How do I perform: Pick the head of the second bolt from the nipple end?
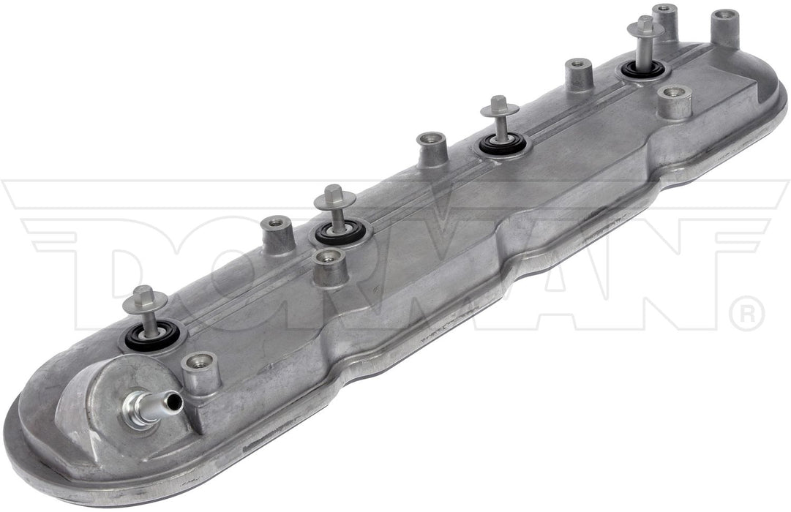pos(334,197)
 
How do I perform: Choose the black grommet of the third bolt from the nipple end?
pos(501,144)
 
